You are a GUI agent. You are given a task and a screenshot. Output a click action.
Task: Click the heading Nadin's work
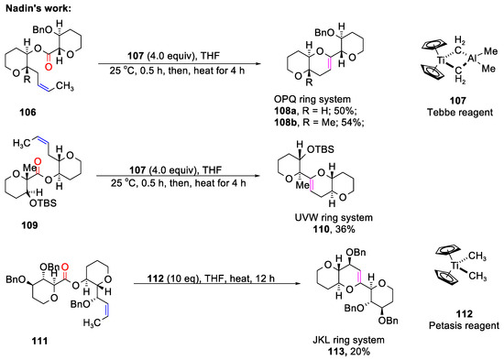pos(35,7)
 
